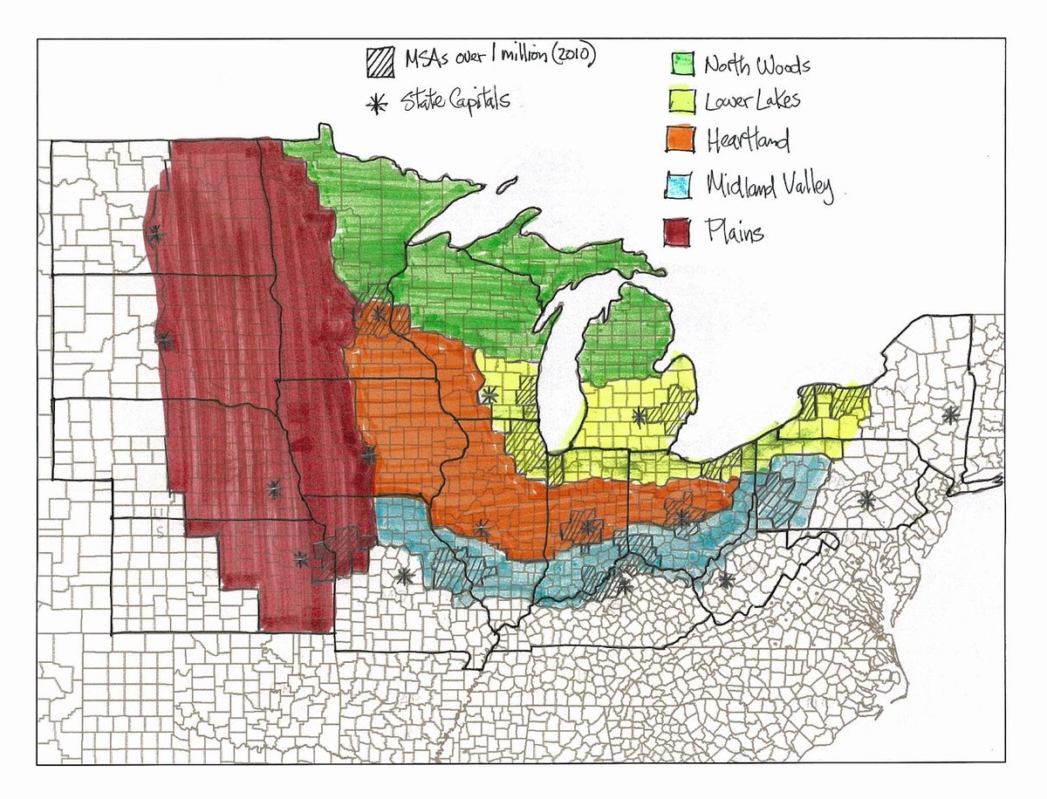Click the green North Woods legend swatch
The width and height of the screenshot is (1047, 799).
681,64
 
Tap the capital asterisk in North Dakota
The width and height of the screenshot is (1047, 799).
156,233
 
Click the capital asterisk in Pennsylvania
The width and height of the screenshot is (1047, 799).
866,500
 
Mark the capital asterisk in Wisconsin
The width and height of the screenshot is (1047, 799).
489,394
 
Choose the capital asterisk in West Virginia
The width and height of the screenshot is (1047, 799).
726,580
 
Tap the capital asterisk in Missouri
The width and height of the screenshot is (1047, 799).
403,576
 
